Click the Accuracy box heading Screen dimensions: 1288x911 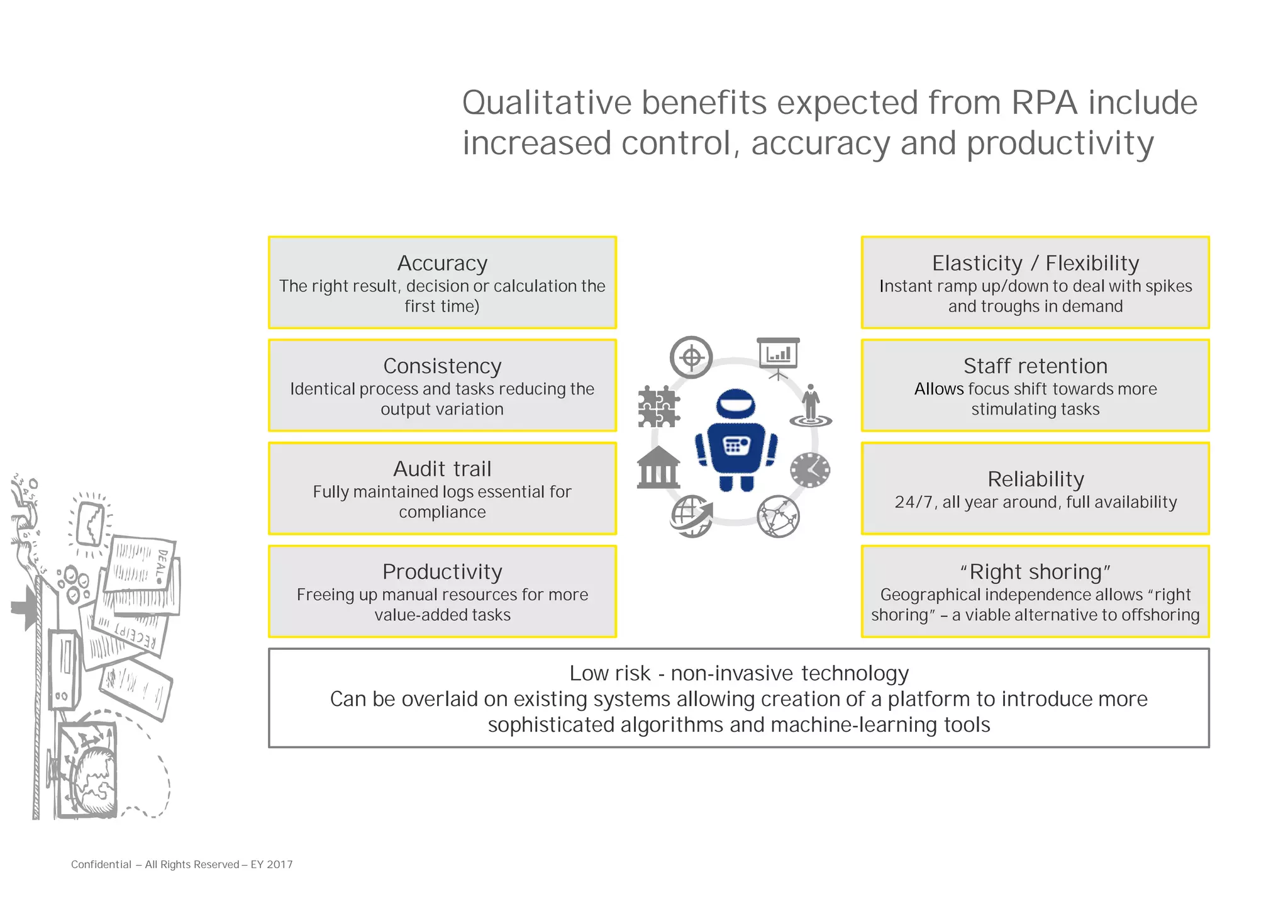(442, 263)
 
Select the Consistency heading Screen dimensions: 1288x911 (442, 366)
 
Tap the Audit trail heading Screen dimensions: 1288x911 (442, 469)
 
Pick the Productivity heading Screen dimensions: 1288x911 (442, 572)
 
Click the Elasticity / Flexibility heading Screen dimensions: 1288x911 (1035, 263)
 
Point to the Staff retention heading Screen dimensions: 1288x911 (1035, 366)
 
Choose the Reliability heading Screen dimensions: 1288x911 (1035, 479)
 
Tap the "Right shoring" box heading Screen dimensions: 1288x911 (1035, 572)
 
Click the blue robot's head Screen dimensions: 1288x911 (736, 403)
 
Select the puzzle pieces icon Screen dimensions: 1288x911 (658, 407)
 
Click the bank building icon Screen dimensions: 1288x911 (658, 468)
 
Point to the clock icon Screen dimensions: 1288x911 (810, 469)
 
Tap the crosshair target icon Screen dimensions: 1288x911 (691, 357)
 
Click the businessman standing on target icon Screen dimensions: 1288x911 (811, 406)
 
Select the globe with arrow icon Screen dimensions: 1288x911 (691, 516)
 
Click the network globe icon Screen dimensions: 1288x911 (778, 517)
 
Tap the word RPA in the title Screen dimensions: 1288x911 (1044, 103)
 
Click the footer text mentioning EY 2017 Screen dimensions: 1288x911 (182, 864)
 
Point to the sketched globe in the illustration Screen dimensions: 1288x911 (94, 780)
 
